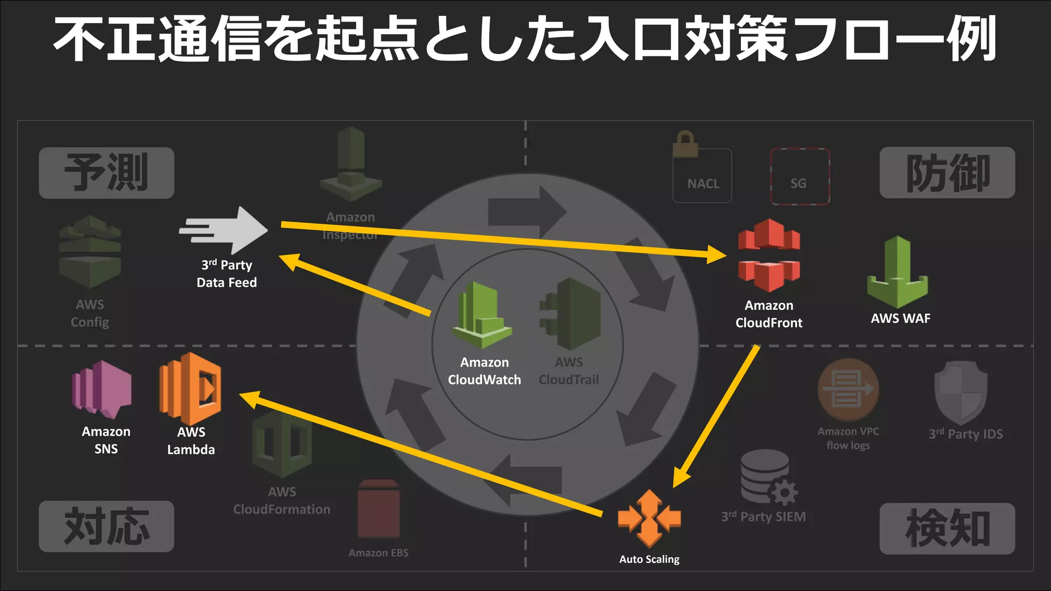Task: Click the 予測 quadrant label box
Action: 106,173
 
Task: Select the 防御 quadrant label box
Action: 947,173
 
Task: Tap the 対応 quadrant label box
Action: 106,526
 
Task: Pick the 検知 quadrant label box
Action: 947,528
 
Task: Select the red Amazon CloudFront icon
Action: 768,255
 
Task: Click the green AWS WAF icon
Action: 898,272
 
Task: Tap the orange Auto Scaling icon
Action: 649,519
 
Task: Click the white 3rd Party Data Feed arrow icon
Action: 224,230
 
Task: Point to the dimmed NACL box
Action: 702,175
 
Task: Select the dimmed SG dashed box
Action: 800,176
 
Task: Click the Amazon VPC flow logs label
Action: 848,438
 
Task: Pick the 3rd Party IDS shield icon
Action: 961,392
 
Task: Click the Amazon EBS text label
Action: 378,553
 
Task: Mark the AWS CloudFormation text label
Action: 282,500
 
